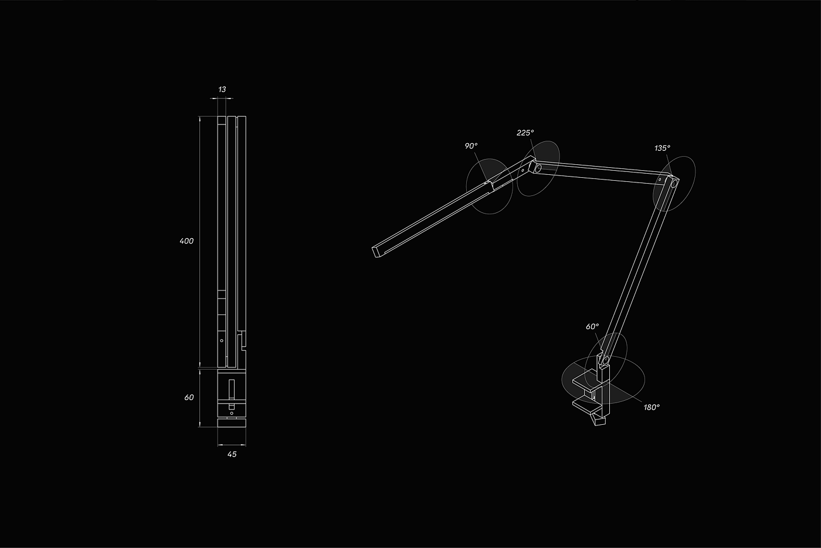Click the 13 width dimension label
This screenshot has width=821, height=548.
point(222,89)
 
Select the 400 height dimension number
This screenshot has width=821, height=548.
point(186,241)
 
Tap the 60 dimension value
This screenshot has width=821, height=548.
point(189,397)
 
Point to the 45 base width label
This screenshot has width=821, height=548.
point(232,454)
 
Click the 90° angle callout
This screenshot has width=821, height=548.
point(471,146)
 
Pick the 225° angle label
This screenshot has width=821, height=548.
point(525,133)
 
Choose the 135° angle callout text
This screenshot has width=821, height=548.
point(662,148)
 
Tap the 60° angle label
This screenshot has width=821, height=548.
point(592,326)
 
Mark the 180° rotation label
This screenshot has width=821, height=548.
point(652,407)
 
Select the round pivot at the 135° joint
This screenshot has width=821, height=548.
point(674,184)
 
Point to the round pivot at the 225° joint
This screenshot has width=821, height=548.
point(535,168)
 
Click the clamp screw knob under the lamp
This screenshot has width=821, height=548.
point(599,419)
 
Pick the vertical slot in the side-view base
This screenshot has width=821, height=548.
point(232,390)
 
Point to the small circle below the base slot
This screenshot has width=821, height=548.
point(232,413)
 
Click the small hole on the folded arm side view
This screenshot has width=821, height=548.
point(222,341)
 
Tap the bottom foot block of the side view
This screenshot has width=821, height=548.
point(232,422)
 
